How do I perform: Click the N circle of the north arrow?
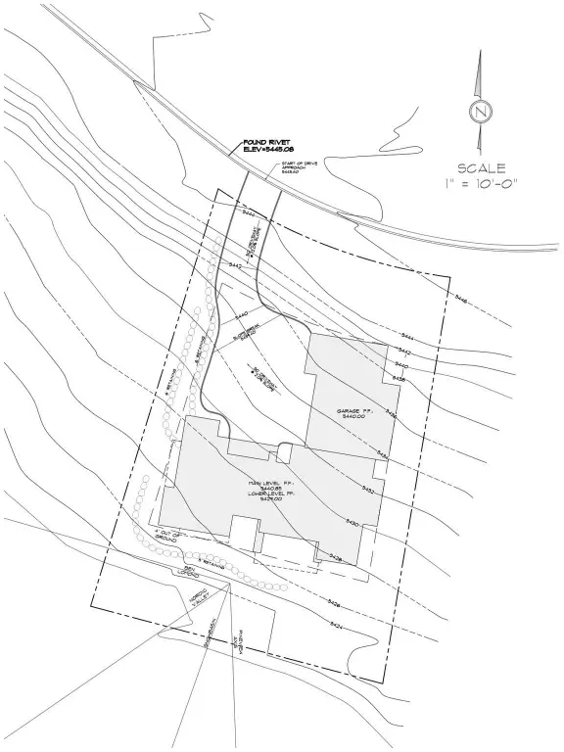tap(480, 113)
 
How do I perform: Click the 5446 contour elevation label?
tap(460, 301)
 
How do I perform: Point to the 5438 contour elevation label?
tap(399, 377)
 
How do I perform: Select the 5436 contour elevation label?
tap(391, 415)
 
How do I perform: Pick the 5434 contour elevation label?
tap(383, 454)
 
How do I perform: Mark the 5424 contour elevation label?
tap(336, 624)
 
